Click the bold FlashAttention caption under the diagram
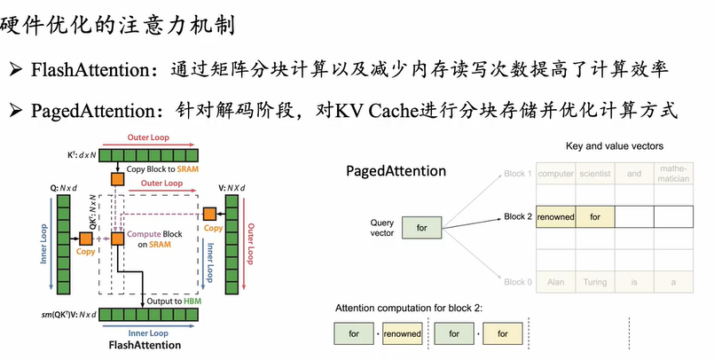144,344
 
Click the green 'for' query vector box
421,228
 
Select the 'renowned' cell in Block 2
556,216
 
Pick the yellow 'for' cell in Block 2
595,216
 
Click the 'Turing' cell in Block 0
595,282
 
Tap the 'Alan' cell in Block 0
556,282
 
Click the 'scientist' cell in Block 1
595,174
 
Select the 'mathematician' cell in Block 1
673,174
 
